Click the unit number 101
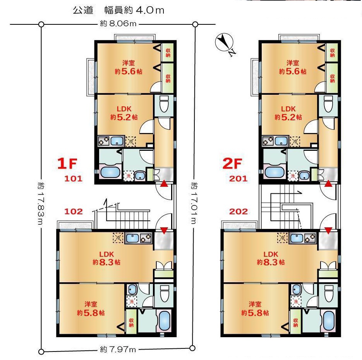73,179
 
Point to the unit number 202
238,212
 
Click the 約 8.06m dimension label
118,24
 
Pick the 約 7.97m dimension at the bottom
118,350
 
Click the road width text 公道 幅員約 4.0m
118,10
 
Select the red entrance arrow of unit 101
164,184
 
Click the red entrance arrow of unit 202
328,230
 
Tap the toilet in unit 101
164,104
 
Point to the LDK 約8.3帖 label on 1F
106,258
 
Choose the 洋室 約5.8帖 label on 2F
255,309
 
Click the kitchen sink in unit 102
132,238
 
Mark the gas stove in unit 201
268,141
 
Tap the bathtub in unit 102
165,321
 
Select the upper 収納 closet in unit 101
168,53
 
